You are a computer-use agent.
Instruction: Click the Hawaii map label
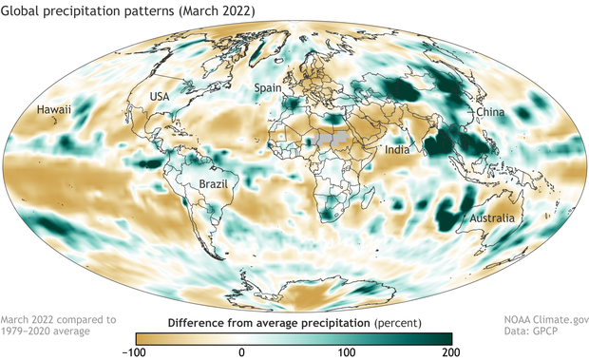click(x=54, y=111)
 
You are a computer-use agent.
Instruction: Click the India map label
click(x=397, y=151)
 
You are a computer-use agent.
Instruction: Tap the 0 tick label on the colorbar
click(x=242, y=352)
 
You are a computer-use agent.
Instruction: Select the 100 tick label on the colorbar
click(x=347, y=352)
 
